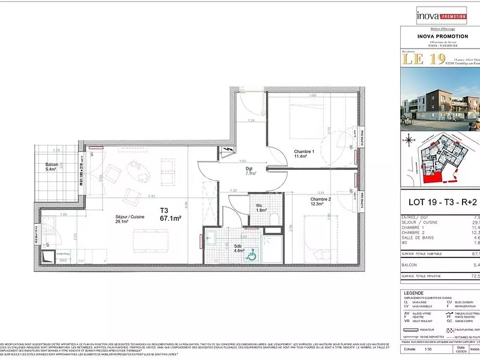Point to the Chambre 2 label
click(320, 202)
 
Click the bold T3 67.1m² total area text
click(170, 214)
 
